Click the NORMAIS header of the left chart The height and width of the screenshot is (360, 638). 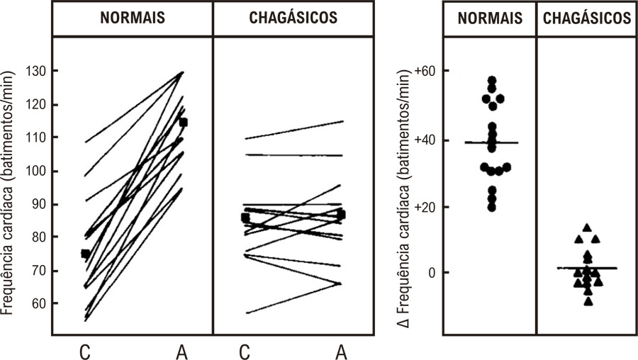tap(133, 18)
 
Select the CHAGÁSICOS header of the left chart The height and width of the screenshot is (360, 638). tap(293, 18)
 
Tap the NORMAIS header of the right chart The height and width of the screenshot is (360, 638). tap(490, 18)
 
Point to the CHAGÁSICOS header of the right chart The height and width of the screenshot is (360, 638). tap(587, 18)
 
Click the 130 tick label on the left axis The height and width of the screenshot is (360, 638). tap(37, 71)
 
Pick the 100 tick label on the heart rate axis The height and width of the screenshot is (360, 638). tap(37, 171)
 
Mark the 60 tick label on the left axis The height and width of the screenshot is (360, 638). tap(40, 303)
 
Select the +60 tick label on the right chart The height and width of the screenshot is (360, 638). tap(425, 71)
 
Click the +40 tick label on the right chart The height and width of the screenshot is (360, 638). tap(425, 140)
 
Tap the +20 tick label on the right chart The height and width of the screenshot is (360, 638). tap(425, 207)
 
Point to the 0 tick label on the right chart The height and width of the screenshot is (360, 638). tap(432, 273)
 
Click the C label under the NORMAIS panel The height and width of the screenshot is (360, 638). tap(84, 352)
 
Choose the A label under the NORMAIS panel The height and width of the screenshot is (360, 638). tap(182, 352)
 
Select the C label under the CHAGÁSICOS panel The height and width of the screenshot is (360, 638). tap(245, 352)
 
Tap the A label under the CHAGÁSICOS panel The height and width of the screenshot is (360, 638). tap(342, 352)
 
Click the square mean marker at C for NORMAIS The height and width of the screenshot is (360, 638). tap(86, 254)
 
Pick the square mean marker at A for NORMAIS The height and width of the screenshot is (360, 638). tap(183, 123)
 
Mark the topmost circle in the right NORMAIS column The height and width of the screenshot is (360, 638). tap(492, 80)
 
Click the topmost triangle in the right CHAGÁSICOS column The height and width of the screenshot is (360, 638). tap(587, 227)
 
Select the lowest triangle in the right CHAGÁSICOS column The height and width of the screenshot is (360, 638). tap(588, 301)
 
